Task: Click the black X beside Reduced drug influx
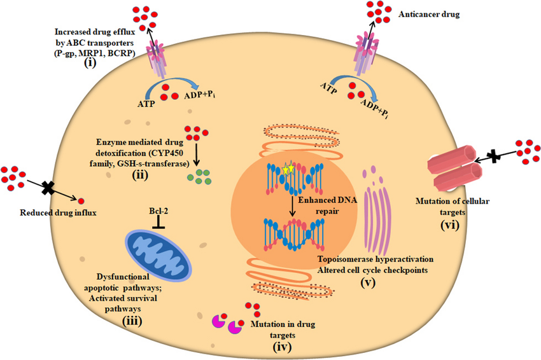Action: [46, 188]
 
